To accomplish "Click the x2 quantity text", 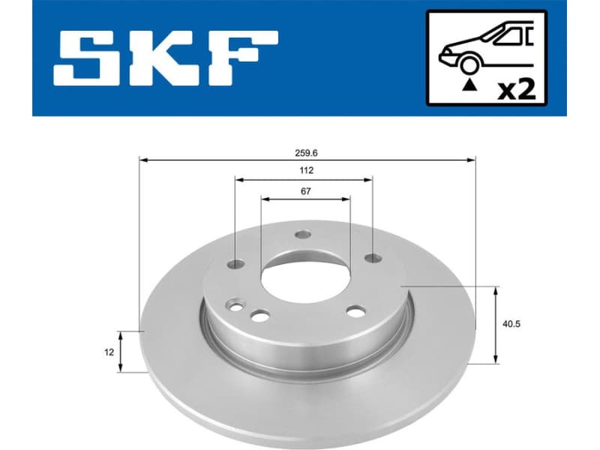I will click(517, 90).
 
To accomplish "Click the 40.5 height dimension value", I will click(513, 324).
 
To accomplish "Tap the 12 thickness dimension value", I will click(109, 350).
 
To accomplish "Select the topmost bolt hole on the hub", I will click(302, 234).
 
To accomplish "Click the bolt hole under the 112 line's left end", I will click(235, 264).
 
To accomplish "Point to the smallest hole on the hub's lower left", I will click(238, 306).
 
